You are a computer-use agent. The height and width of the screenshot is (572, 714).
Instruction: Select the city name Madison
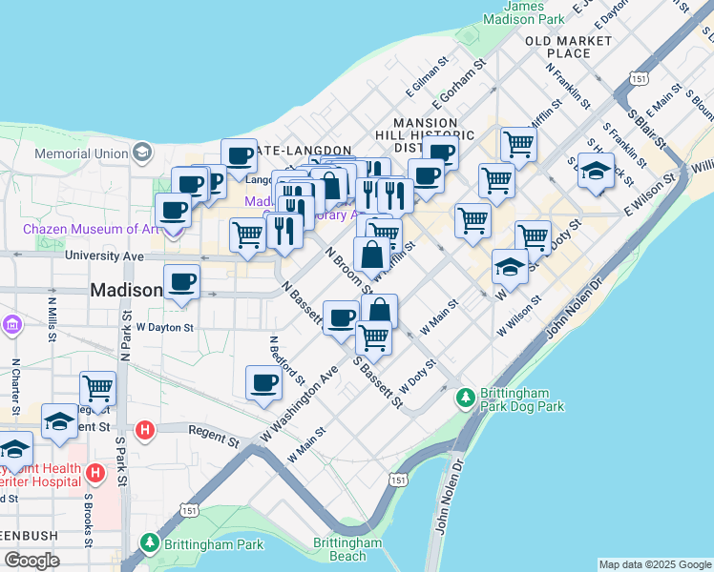pos(126,290)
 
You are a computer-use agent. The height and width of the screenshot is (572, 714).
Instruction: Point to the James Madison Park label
pos(524,12)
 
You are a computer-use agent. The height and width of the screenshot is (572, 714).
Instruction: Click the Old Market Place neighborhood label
pos(569,47)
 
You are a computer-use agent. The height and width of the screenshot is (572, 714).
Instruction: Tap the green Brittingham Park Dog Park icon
pos(466,396)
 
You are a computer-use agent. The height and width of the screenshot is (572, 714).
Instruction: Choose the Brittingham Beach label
pos(340,550)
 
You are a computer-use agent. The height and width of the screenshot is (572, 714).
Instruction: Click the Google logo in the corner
pos(31,561)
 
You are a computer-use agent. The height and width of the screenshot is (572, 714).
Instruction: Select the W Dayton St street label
pos(164,327)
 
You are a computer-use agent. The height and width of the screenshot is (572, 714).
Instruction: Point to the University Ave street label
pos(104,256)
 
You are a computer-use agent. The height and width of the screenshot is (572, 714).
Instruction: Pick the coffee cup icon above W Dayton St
pos(181,281)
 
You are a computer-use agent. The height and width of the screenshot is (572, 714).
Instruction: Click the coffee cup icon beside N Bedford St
pos(263,383)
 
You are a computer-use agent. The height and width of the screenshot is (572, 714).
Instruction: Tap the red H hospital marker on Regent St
pos(144,430)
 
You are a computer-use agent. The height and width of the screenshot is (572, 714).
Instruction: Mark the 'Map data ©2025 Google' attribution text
pos(655,564)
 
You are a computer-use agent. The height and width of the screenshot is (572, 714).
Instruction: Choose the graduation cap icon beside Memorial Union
pos(141,152)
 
